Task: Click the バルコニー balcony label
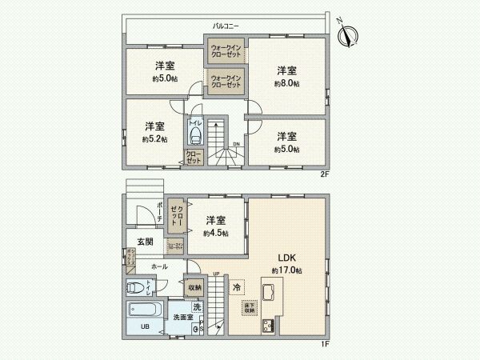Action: (x=225, y=26)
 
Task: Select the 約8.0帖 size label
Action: (x=287, y=83)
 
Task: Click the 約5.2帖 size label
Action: (x=154, y=139)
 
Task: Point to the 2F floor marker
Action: (x=325, y=174)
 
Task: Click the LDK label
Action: (x=287, y=258)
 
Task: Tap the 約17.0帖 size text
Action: (x=287, y=270)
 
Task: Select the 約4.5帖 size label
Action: (x=215, y=233)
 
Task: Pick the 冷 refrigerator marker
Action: (x=237, y=286)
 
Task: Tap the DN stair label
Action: (x=236, y=145)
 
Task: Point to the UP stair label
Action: (x=216, y=274)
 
